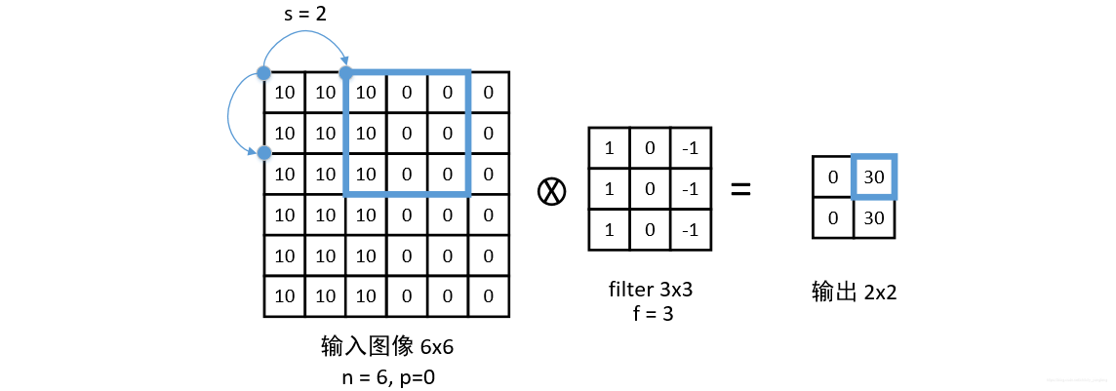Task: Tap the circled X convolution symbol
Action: [552, 191]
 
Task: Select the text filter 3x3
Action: [650, 290]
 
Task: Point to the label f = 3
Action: [650, 314]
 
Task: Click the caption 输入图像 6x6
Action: [385, 346]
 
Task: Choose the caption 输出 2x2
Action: [854, 291]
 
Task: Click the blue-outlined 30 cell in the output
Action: [874, 177]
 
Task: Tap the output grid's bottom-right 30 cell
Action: [874, 218]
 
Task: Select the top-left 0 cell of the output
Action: [833, 177]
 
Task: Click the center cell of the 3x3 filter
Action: [650, 189]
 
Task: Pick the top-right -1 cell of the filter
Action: [691, 148]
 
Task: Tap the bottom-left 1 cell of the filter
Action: [609, 230]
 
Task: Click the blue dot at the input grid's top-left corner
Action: [263, 72]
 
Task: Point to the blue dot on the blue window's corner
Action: [345, 72]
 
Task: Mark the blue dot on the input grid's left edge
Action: [263, 153]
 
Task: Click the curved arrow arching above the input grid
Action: [304, 36]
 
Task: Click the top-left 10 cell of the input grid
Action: [284, 93]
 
